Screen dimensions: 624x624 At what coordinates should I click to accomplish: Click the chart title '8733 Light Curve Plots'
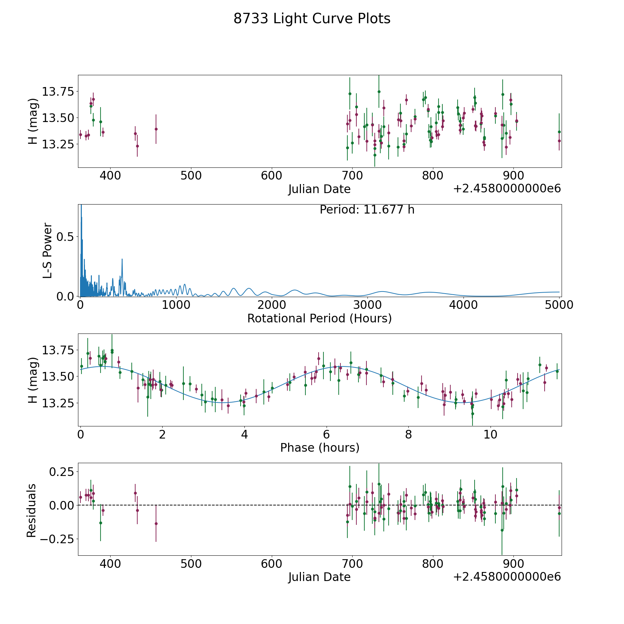(x=312, y=19)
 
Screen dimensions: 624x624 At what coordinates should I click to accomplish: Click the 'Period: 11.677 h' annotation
(x=367, y=210)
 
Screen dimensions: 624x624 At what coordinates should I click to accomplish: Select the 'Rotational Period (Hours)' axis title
(x=319, y=318)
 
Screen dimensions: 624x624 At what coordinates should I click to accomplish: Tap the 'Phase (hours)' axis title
(x=319, y=448)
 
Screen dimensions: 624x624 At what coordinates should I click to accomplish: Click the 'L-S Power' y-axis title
(x=48, y=250)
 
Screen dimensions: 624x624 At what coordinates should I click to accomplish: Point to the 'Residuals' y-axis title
(x=32, y=510)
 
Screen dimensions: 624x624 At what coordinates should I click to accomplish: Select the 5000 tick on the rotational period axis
(x=559, y=305)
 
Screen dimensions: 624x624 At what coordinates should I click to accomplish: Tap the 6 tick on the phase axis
(x=326, y=434)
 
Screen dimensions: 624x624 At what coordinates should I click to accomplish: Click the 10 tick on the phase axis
(x=491, y=434)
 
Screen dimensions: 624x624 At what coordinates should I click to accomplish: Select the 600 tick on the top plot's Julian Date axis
(x=271, y=176)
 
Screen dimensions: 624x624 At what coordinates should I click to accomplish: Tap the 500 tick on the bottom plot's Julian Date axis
(x=191, y=564)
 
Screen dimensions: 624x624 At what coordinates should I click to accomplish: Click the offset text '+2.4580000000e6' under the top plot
(x=507, y=189)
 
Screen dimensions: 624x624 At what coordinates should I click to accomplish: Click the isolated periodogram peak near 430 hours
(x=122, y=259)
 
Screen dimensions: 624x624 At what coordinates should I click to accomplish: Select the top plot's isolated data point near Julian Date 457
(x=156, y=129)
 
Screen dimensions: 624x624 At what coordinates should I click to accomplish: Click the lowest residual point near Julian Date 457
(x=156, y=523)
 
